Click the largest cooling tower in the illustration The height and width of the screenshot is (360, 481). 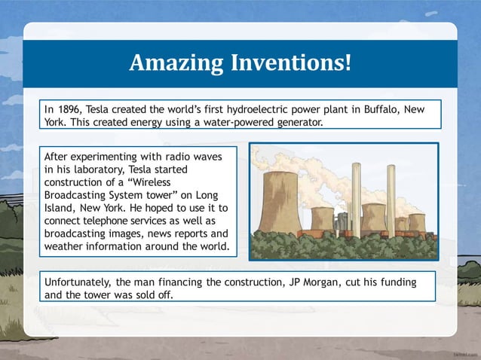(x=280, y=200)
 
